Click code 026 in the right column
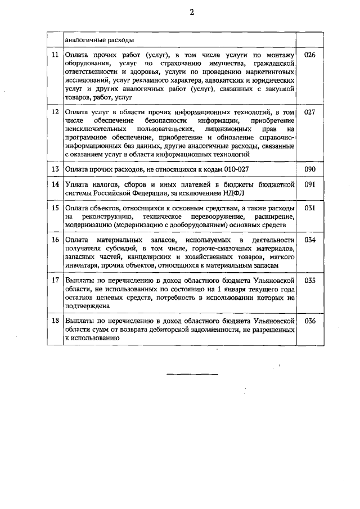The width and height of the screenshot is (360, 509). click(310, 55)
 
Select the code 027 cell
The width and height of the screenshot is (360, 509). click(310, 112)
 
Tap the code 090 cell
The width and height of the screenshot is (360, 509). click(310, 169)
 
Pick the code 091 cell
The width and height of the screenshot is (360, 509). click(310, 184)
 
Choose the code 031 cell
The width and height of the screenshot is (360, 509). click(310, 208)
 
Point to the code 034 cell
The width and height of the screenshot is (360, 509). click(310, 240)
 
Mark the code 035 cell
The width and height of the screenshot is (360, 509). click(310, 280)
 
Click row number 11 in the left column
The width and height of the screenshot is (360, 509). click(55, 55)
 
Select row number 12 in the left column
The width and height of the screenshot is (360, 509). click(55, 112)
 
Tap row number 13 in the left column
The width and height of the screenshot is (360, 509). click(55, 169)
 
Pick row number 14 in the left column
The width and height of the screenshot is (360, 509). click(55, 184)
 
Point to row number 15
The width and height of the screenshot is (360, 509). click(55, 208)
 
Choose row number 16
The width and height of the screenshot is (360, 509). click(55, 240)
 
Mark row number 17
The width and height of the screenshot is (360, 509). click(55, 280)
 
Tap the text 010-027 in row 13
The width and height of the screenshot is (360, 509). click(229, 169)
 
